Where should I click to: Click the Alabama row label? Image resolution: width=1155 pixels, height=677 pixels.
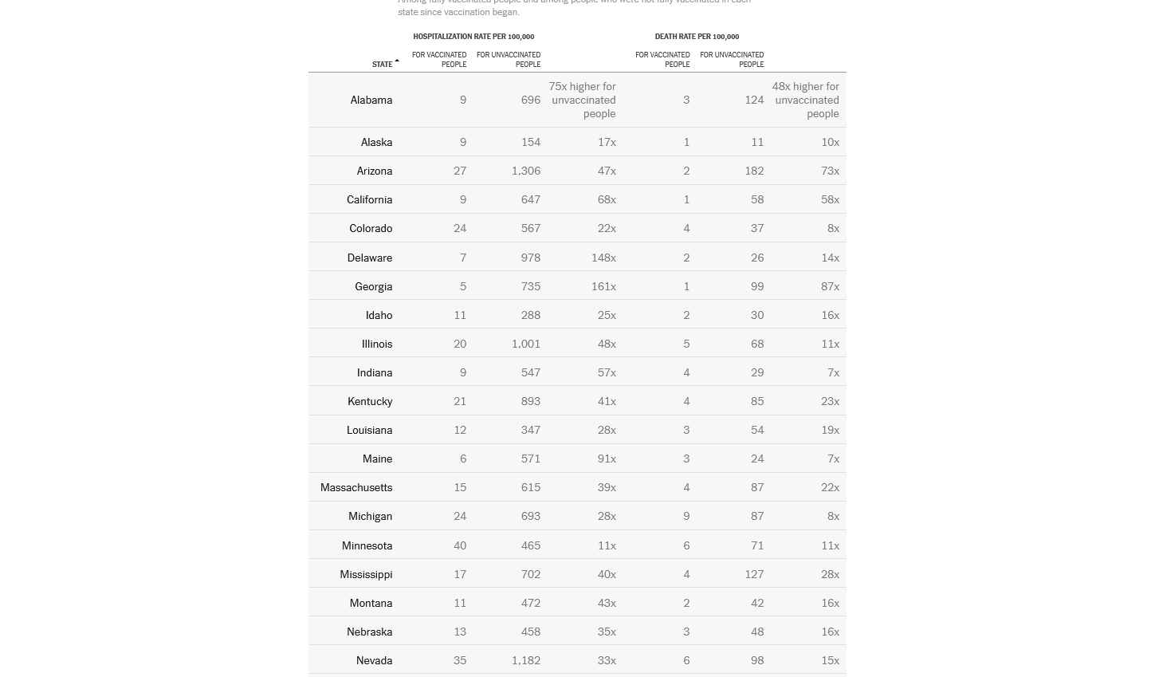click(x=371, y=100)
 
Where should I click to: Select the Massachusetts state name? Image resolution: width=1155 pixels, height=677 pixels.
click(x=356, y=487)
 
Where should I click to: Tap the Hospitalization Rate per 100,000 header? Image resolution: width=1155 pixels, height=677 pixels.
click(x=473, y=37)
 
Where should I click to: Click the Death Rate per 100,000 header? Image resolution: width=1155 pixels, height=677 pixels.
click(x=697, y=37)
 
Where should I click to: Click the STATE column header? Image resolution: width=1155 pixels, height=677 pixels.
click(x=383, y=65)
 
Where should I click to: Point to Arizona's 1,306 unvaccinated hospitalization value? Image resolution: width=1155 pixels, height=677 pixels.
click(x=525, y=171)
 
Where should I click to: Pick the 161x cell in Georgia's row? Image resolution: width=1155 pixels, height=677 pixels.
click(x=603, y=286)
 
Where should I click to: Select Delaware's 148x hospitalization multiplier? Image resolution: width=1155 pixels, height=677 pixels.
click(x=603, y=258)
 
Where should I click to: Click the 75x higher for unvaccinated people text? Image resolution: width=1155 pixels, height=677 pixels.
click(x=583, y=100)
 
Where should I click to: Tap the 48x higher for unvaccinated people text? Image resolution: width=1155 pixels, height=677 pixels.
click(x=806, y=100)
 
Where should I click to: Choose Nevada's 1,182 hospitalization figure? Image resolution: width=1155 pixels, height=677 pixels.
click(x=525, y=660)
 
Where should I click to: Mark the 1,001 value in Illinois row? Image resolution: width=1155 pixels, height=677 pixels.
click(x=525, y=344)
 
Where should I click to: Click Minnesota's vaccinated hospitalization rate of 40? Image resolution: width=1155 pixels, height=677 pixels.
click(x=460, y=545)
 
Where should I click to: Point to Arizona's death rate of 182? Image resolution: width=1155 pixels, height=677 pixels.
click(x=754, y=171)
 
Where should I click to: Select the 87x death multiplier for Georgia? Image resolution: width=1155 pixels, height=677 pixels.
click(x=830, y=286)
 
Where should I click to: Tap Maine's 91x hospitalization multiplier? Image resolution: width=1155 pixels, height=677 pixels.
click(x=607, y=459)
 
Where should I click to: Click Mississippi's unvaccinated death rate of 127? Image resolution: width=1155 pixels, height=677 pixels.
click(x=754, y=574)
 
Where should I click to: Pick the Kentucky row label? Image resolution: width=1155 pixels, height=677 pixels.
click(x=370, y=401)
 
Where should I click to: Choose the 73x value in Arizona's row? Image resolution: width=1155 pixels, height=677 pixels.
click(x=830, y=171)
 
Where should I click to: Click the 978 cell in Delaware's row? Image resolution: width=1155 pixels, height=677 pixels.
click(x=530, y=258)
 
